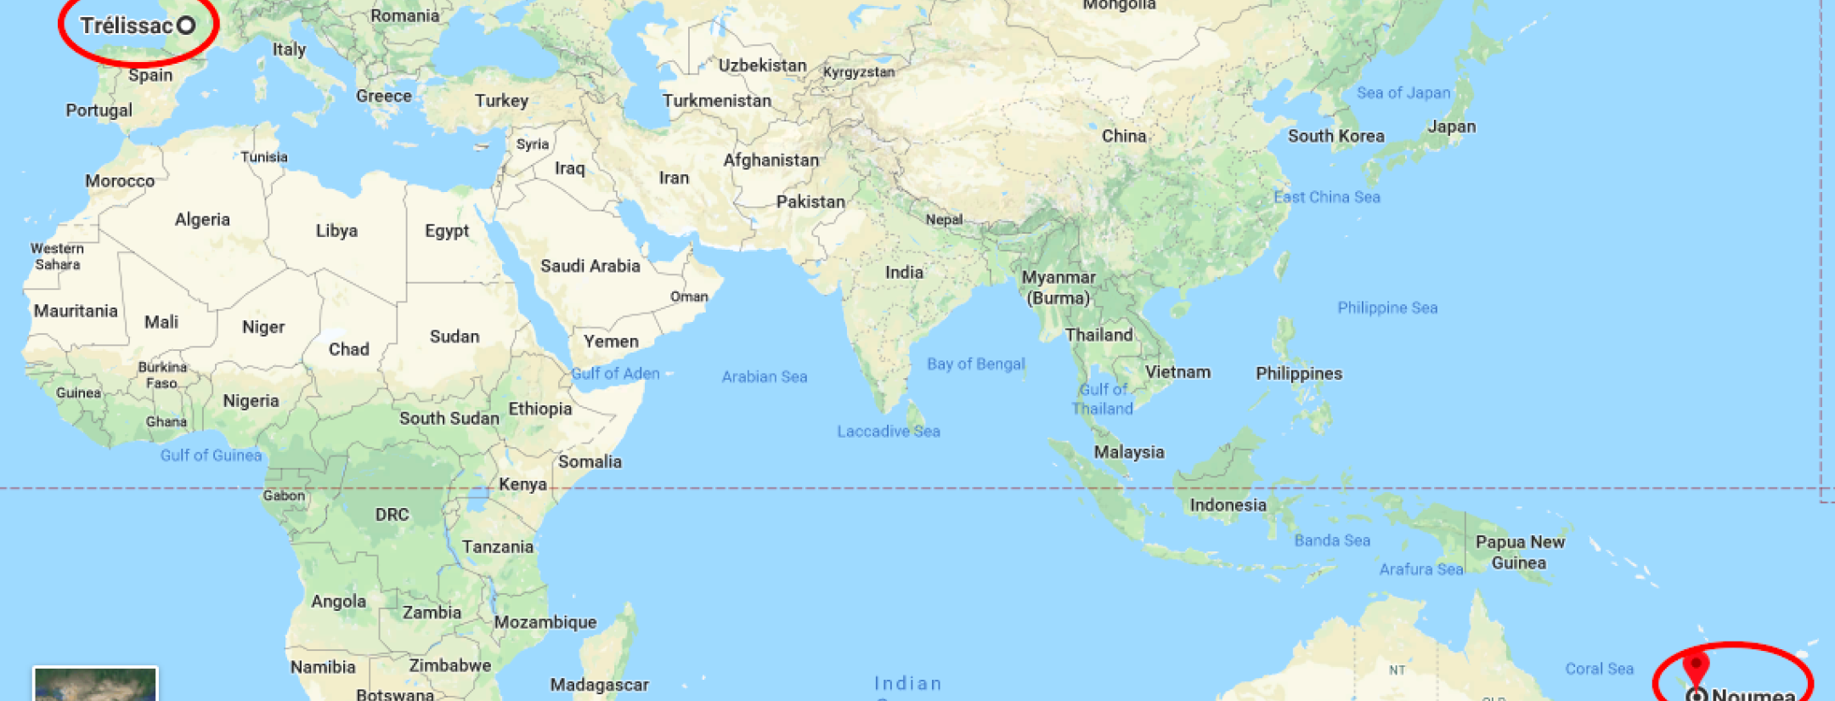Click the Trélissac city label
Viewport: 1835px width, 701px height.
click(x=127, y=25)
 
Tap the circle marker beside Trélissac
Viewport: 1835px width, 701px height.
click(x=186, y=25)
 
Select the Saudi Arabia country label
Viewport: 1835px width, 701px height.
click(x=590, y=266)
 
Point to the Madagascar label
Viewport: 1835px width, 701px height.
click(x=599, y=684)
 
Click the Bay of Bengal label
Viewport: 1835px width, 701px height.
click(x=975, y=364)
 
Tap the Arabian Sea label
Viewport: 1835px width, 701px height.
click(x=765, y=376)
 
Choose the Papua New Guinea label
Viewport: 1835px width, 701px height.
click(x=1519, y=552)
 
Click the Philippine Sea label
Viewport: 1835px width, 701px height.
click(x=1387, y=308)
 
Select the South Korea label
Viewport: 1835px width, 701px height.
click(x=1335, y=136)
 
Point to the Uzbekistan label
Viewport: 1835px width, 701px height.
click(x=762, y=65)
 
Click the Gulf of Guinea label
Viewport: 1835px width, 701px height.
click(x=211, y=455)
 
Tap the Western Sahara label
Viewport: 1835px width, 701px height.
click(x=57, y=256)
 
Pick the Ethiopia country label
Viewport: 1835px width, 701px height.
click(x=539, y=409)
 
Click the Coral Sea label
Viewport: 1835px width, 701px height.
click(x=1599, y=669)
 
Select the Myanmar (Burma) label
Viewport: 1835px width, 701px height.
click(x=1059, y=287)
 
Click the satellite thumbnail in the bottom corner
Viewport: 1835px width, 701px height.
click(x=95, y=684)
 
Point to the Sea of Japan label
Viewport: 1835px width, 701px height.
click(x=1403, y=93)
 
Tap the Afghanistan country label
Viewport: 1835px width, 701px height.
click(x=771, y=160)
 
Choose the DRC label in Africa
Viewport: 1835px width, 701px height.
click(x=392, y=514)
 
